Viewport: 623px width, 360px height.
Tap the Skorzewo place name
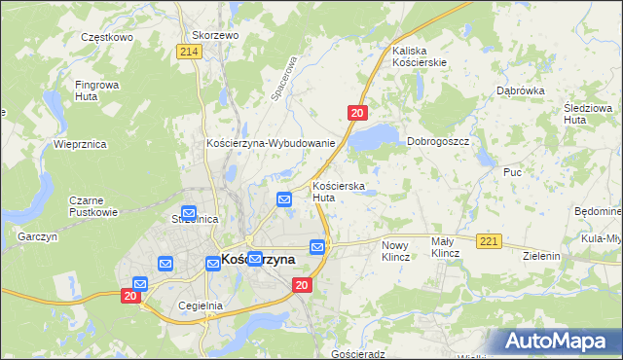(x=215, y=34)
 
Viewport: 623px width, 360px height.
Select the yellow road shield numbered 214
(x=190, y=52)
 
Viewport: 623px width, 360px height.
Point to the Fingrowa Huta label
(x=98, y=90)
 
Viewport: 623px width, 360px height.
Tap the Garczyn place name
(x=38, y=236)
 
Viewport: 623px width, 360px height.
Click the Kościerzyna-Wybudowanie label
(x=271, y=143)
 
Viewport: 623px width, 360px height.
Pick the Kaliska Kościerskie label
(x=419, y=55)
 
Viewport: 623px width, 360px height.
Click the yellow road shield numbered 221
(x=489, y=240)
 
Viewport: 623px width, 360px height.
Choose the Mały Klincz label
(x=445, y=247)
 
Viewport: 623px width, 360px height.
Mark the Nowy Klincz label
(x=395, y=251)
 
